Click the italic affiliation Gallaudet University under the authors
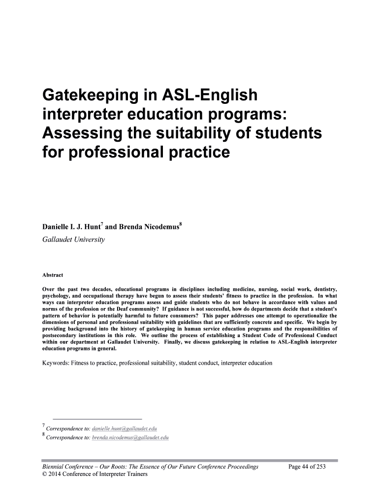(x=73, y=240)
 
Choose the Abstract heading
(x=53, y=275)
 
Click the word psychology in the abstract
(x=56, y=295)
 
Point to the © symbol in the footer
(x=45, y=474)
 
